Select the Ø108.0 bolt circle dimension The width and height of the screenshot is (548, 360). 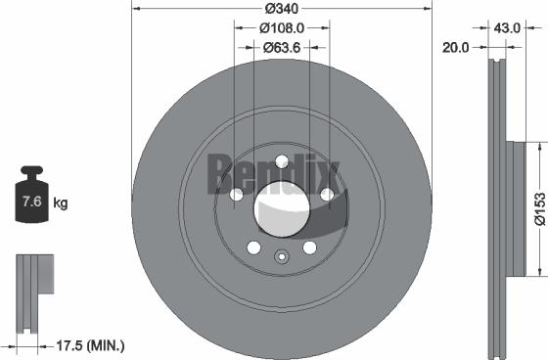click(281, 29)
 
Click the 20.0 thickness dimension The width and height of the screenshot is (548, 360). click(456, 45)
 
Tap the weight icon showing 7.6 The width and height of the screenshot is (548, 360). click(31, 202)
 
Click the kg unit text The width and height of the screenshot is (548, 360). click(60, 203)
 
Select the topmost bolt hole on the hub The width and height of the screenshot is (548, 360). click(282, 162)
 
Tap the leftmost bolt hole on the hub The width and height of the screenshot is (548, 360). click(236, 196)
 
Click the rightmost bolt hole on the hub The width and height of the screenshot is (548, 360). click(327, 196)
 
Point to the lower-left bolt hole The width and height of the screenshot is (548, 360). click(253, 247)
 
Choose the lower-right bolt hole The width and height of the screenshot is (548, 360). click(309, 247)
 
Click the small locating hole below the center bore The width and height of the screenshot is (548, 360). click(281, 258)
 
